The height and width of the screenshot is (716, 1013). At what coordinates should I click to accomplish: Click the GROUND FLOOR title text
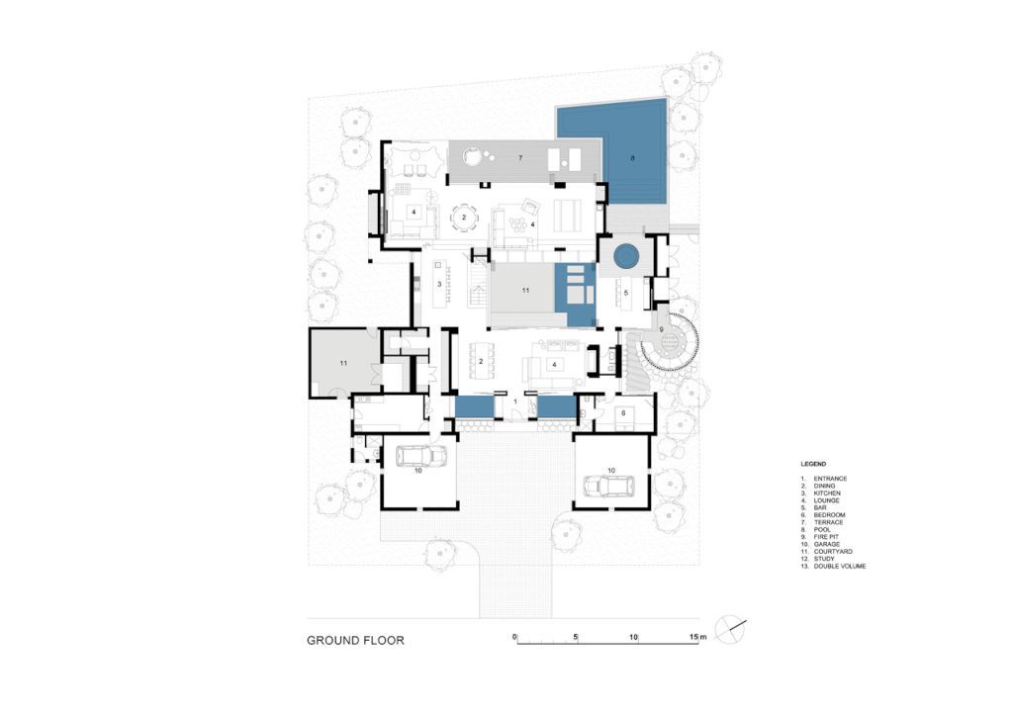click(355, 641)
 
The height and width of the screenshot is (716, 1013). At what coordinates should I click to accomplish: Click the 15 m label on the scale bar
click(697, 637)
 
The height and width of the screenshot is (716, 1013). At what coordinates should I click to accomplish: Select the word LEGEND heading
click(813, 464)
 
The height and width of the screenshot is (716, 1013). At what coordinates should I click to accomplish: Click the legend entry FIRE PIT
click(824, 537)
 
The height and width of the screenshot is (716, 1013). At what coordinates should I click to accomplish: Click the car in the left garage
click(420, 456)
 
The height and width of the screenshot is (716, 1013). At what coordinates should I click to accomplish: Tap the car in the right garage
click(608, 485)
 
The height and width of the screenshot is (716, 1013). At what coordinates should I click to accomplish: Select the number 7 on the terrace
click(520, 157)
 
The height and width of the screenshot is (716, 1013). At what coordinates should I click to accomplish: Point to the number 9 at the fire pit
click(661, 329)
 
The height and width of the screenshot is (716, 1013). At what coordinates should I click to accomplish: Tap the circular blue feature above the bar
click(625, 257)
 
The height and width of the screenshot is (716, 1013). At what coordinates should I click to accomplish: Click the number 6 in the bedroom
click(623, 413)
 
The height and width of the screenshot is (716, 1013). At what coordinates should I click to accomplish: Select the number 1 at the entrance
click(514, 402)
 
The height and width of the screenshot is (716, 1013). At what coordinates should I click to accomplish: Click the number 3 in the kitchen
click(438, 284)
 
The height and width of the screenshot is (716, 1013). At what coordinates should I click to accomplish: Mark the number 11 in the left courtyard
click(343, 364)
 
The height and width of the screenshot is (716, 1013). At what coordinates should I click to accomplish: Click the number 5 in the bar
click(625, 293)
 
